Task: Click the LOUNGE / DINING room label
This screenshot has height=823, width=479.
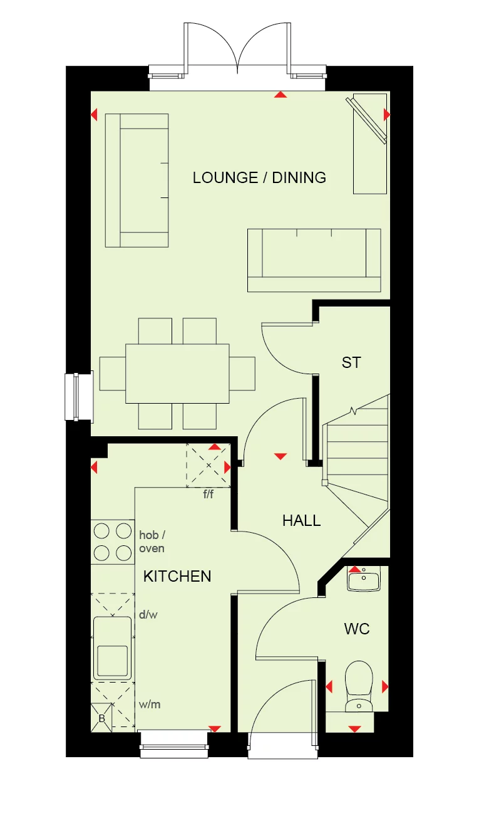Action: coord(259,177)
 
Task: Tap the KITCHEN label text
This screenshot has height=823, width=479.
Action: coord(177,576)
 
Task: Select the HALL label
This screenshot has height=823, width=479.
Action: coord(301,520)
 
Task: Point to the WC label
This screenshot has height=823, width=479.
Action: coord(356,629)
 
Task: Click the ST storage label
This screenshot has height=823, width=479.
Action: coord(351,362)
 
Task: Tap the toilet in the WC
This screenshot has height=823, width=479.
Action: coord(359,685)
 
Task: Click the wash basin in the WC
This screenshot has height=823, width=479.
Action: coord(363,580)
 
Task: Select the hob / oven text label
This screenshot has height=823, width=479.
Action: coord(152,542)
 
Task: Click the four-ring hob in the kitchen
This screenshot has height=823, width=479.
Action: coord(113,542)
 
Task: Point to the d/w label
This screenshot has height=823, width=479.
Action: coord(148,615)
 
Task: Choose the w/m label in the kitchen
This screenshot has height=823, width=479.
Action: coord(150,704)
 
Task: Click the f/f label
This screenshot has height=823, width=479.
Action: coord(209,494)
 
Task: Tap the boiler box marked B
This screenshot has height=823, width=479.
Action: coord(101,718)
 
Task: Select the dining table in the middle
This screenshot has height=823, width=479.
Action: coord(177,373)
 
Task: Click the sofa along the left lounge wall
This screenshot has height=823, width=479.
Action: coord(137,180)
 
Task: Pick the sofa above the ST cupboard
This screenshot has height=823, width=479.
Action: coord(314,260)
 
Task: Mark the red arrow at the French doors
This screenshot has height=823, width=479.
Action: coord(281,95)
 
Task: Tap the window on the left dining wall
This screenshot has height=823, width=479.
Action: coord(78,397)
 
